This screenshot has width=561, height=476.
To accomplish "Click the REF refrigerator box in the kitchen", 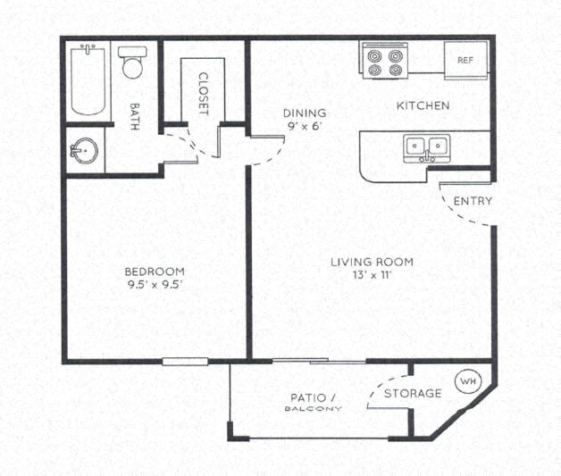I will [x=465, y=61].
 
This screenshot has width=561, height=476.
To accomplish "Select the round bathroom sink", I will [x=83, y=150].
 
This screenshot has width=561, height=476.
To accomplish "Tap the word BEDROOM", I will [x=155, y=271].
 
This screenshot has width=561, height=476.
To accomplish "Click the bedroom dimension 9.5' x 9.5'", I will [x=155, y=286].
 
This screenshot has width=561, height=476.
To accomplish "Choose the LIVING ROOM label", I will [x=372, y=262].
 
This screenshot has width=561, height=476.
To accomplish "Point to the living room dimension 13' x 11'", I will [x=372, y=276].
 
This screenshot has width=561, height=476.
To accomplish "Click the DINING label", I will [x=305, y=113].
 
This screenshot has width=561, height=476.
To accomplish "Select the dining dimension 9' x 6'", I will [x=305, y=127].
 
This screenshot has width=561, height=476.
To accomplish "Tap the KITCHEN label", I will [x=423, y=106].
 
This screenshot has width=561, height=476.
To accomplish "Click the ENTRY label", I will [x=473, y=201].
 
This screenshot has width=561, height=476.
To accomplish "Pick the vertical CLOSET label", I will [x=204, y=94].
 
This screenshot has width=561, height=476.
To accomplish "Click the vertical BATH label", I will [x=135, y=114].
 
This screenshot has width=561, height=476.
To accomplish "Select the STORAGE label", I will [x=413, y=394].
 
